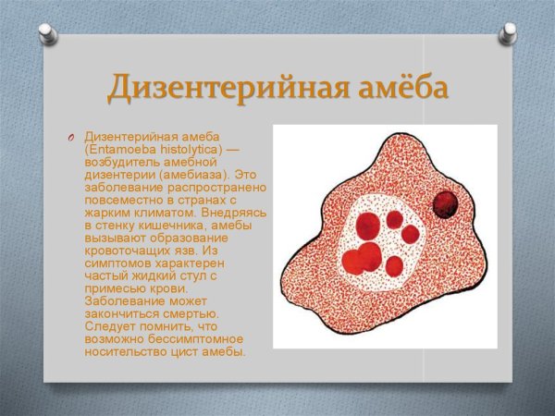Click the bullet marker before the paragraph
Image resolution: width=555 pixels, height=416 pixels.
(x=69, y=138)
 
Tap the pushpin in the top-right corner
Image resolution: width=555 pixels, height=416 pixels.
(x=508, y=35)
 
